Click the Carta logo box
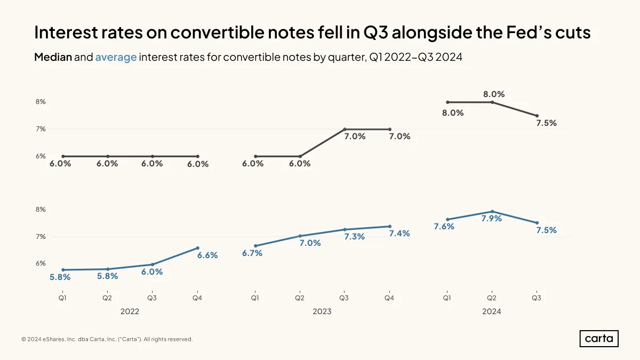tap(599, 339)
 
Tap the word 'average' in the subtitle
tap(116, 57)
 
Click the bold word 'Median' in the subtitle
tap(53, 57)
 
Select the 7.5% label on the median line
tap(546, 123)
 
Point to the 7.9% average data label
tap(491, 218)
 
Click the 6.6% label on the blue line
tap(207, 255)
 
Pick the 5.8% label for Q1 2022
tap(60, 277)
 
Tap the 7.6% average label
tap(444, 226)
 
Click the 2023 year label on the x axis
tap(322, 311)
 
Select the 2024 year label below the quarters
tap(491, 311)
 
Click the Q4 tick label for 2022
tap(197, 298)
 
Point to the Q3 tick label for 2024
tap(537, 298)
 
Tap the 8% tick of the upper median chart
tap(41, 102)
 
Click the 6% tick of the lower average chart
tap(41, 263)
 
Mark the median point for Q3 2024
tap(537, 116)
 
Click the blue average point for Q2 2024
tap(492, 211)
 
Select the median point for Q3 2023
tap(345, 129)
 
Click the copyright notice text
tap(107, 339)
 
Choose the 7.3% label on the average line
tap(354, 237)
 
